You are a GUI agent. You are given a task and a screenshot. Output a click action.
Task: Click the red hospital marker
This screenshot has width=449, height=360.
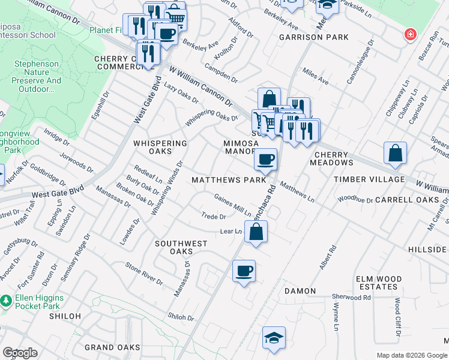pos(410,35)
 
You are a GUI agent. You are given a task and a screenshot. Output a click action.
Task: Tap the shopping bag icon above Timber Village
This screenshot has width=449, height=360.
pos(395,154)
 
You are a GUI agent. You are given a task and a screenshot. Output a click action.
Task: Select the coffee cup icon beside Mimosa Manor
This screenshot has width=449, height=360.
pos(265,160)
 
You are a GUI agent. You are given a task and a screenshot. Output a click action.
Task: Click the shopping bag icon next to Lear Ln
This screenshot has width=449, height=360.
pos(256,232)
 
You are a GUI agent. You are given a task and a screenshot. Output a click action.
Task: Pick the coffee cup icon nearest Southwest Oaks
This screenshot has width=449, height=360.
pos(244,271)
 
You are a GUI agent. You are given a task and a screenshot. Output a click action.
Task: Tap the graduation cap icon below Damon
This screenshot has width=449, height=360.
pos(274,338)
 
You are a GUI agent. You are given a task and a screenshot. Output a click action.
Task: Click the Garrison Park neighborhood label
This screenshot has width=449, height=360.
pos(313,37)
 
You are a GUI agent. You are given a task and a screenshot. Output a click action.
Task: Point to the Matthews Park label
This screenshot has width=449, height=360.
pos(228,180)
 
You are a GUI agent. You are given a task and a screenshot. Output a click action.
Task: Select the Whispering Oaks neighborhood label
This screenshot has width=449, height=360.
pos(160,147)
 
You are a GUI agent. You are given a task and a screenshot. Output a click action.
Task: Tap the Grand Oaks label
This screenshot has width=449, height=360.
pos(112,347)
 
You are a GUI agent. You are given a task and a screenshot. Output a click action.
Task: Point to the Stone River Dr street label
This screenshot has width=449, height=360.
pos(144,273)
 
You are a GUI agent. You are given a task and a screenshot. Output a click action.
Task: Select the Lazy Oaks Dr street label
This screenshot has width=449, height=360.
pos(181,92)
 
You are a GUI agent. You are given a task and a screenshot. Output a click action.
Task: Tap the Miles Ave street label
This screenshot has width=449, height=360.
pos(316,76)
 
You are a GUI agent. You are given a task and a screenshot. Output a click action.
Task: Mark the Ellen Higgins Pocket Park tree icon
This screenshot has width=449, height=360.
pos(6,299)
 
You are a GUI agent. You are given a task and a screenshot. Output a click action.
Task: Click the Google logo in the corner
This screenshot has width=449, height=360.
pos(20,353)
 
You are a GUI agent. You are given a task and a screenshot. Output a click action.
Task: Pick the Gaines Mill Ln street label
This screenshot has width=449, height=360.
pos(233,205)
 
